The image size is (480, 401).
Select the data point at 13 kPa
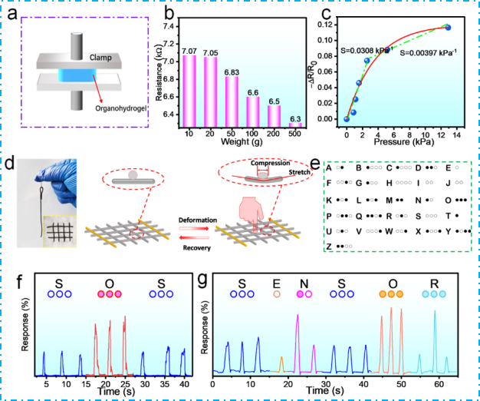point(448,28)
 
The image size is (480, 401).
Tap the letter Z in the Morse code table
point(329,246)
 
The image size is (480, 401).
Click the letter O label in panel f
point(108,281)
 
